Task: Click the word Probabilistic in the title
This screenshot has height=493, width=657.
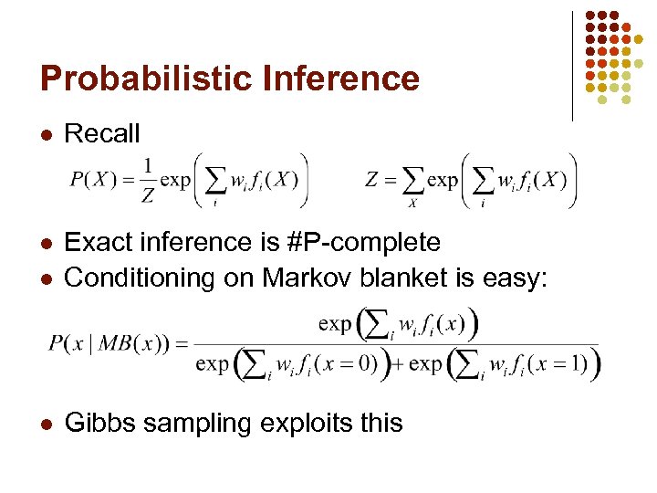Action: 145,79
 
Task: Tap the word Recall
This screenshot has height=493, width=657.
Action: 102,134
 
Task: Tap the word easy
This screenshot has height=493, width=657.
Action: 516,277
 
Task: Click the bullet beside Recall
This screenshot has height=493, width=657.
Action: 47,135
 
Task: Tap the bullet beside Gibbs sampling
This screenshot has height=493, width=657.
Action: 47,424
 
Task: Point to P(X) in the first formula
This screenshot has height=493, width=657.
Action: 89,179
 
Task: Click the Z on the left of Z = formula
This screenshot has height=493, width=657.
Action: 371,179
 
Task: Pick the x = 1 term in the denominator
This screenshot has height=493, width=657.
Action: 561,363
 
